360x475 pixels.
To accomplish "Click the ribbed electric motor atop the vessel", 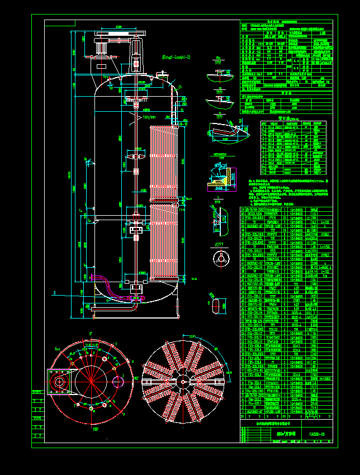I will coord(101,48).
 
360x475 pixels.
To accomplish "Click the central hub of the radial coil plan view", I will coord(183,381).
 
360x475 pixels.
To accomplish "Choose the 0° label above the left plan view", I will coord(90,335).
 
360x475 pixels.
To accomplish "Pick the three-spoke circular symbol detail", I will coord(221,258).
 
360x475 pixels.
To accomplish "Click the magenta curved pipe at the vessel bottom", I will coord(110,288).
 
